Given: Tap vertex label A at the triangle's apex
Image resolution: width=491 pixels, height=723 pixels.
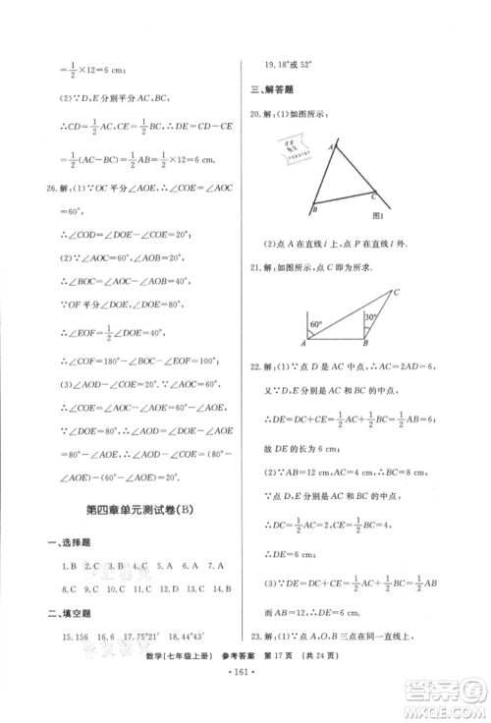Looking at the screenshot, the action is [x=331, y=144].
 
